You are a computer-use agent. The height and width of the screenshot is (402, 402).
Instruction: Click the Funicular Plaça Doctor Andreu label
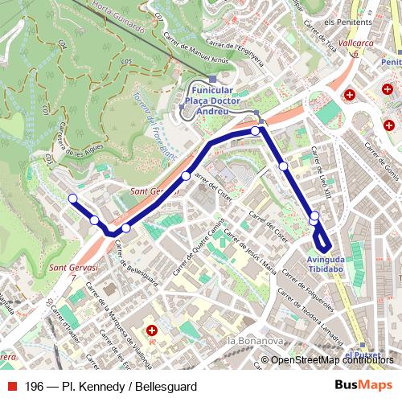pos(212,101)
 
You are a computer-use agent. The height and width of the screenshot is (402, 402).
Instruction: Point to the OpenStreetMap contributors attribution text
pos(333,360)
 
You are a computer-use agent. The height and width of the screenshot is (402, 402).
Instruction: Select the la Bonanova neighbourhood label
pos(252,341)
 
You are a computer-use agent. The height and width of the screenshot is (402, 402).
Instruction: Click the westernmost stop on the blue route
pos(72,199)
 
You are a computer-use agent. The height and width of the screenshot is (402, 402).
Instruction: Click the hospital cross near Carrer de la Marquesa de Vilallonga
pos(152,330)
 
